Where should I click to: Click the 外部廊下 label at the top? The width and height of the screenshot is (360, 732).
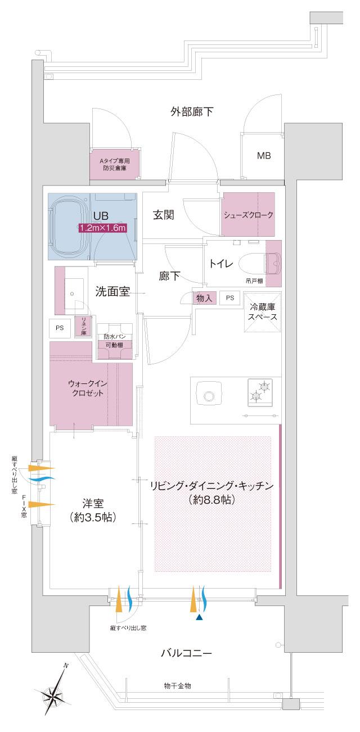[x=192, y=111]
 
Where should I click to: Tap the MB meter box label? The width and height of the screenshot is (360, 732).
[x=264, y=156]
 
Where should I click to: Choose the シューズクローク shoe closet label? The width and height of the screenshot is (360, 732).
[x=248, y=215]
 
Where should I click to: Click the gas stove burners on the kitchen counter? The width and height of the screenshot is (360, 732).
[x=260, y=391]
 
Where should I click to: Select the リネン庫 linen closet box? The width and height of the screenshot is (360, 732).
[x=83, y=326]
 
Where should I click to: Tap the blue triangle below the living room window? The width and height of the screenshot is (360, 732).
[x=199, y=617]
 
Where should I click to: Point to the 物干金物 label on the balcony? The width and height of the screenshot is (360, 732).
[x=178, y=686]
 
